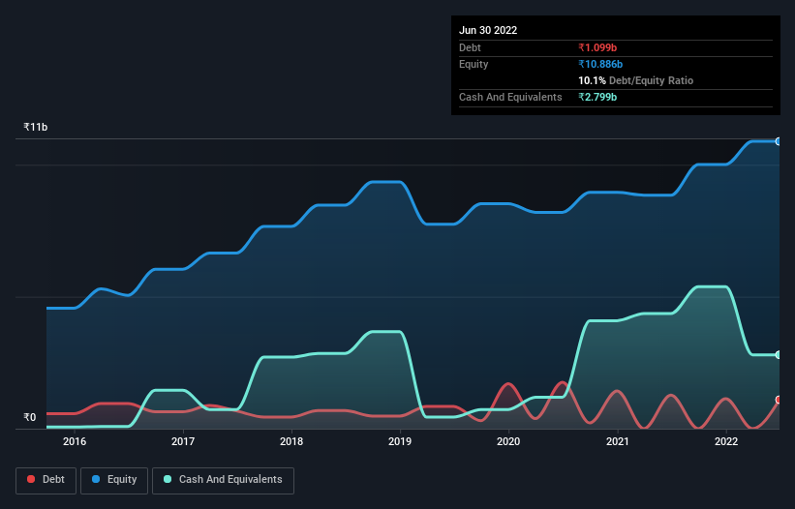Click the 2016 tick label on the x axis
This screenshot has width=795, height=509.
click(x=75, y=442)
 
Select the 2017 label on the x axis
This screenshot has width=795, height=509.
click(x=183, y=442)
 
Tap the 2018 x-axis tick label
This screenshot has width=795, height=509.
click(x=291, y=442)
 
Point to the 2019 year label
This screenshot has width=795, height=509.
click(x=400, y=442)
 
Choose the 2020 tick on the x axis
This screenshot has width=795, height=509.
click(x=508, y=442)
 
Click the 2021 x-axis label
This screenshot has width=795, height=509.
click(x=617, y=442)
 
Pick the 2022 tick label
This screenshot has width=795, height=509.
click(x=725, y=442)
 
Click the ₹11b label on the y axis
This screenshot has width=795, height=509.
click(x=36, y=128)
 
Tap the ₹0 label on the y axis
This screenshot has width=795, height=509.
click(x=30, y=418)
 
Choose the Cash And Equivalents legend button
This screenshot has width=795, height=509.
click(x=223, y=479)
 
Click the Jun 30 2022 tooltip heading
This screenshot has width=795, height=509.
click(x=488, y=30)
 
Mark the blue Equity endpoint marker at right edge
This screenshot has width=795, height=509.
click(x=779, y=141)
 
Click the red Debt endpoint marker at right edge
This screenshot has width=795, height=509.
click(x=779, y=400)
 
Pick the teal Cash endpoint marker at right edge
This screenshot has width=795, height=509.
click(x=779, y=355)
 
